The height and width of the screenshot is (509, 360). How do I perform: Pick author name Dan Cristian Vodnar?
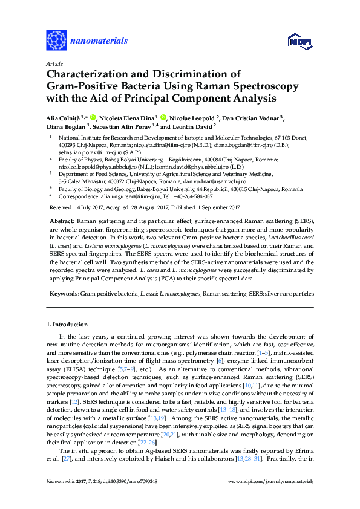(252, 117)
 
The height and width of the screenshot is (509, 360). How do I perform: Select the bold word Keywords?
(64, 293)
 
